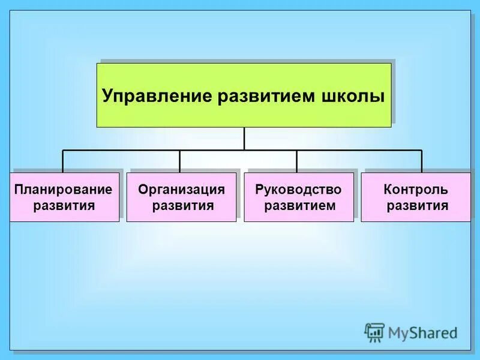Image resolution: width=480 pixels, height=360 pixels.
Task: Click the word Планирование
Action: pos(64,190)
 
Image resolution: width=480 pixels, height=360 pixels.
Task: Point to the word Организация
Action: pos(181,190)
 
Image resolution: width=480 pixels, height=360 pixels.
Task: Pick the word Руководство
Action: pos(298,190)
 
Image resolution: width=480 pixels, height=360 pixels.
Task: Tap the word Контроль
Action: pos(416,190)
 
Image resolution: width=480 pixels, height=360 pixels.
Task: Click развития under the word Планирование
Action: pos(64,206)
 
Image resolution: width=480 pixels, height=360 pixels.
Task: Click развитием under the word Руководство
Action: pos(299,206)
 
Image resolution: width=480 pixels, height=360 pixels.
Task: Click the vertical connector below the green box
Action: pos(244,138)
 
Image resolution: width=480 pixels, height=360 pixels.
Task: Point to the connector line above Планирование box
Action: pos(63,161)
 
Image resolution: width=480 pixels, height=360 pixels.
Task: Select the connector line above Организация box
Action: pos(179,161)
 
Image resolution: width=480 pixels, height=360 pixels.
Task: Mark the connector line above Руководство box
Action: pos(296,161)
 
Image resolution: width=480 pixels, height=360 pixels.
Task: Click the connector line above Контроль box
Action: pos(422,161)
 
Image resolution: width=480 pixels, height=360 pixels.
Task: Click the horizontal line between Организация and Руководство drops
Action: pos(270,150)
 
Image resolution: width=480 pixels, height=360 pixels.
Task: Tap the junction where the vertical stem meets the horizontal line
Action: pos(244,150)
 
